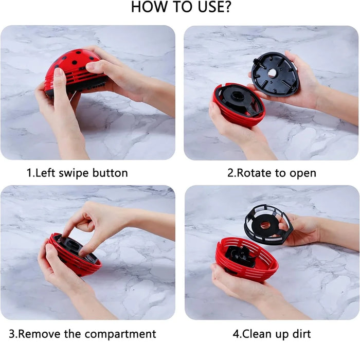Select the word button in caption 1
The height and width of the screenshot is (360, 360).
pyautogui.click(x=110, y=173)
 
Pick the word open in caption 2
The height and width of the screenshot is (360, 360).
pyautogui.click(x=303, y=173)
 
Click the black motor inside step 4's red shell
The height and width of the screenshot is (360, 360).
pyautogui.click(x=241, y=256)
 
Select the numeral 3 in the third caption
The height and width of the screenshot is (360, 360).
pyautogui.click(x=13, y=334)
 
